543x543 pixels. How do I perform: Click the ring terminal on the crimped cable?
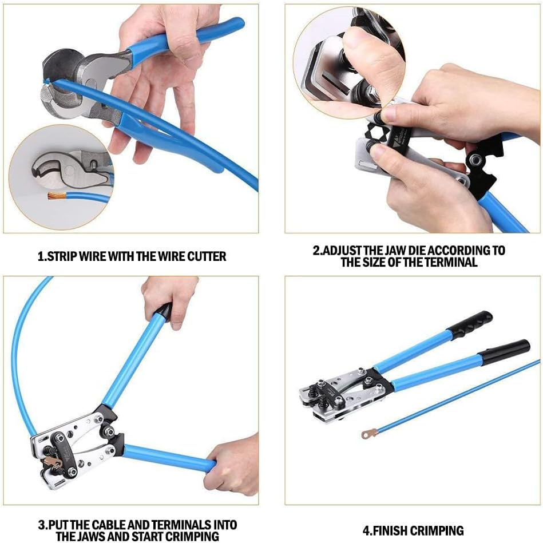(x=369, y=434)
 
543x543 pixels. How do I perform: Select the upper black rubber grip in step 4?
(x=470, y=324)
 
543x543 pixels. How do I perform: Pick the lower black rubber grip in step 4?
(x=504, y=351)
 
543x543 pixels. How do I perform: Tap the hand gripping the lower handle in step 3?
(x=233, y=463)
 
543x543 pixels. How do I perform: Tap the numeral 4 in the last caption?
(x=366, y=530)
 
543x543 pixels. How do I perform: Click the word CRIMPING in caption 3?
(x=191, y=537)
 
